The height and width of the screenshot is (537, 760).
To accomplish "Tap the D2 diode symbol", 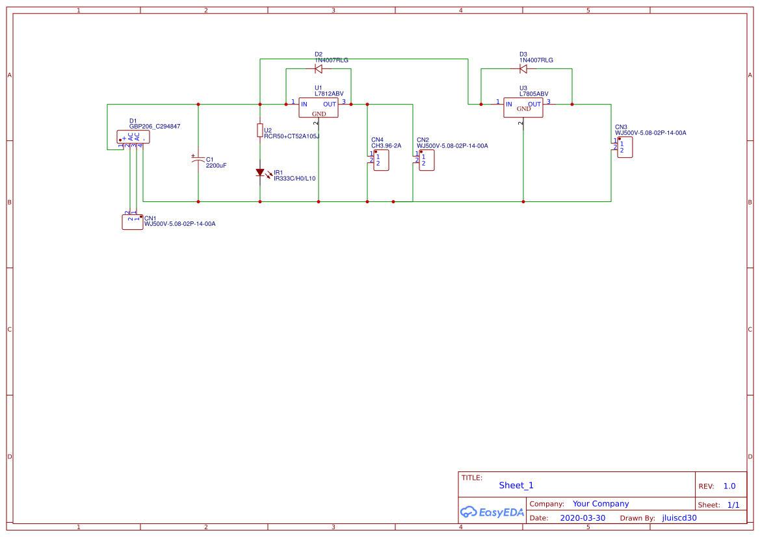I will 319,68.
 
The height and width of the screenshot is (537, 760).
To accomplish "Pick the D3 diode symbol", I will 523,68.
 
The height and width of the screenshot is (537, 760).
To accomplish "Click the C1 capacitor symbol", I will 198,160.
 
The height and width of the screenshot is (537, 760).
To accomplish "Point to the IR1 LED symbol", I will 260,173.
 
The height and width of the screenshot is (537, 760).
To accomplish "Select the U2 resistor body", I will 260,131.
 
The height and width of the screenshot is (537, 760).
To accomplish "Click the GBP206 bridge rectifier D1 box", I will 133,136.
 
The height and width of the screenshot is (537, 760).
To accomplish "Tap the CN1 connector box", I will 133,221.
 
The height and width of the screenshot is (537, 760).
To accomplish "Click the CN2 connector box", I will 426,160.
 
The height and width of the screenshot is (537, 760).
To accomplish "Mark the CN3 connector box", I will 624,147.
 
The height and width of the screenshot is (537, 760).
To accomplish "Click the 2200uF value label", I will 216,166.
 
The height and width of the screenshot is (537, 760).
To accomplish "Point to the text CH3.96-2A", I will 386,146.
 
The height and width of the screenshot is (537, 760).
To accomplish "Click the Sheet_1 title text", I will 516,485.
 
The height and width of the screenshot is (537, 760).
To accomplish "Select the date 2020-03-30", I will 583,518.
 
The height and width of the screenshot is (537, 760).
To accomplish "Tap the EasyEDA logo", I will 492,512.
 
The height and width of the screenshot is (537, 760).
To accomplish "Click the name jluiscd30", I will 679,518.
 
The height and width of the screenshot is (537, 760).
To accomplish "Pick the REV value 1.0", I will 729,486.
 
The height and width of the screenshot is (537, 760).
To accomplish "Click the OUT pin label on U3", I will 534,104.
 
